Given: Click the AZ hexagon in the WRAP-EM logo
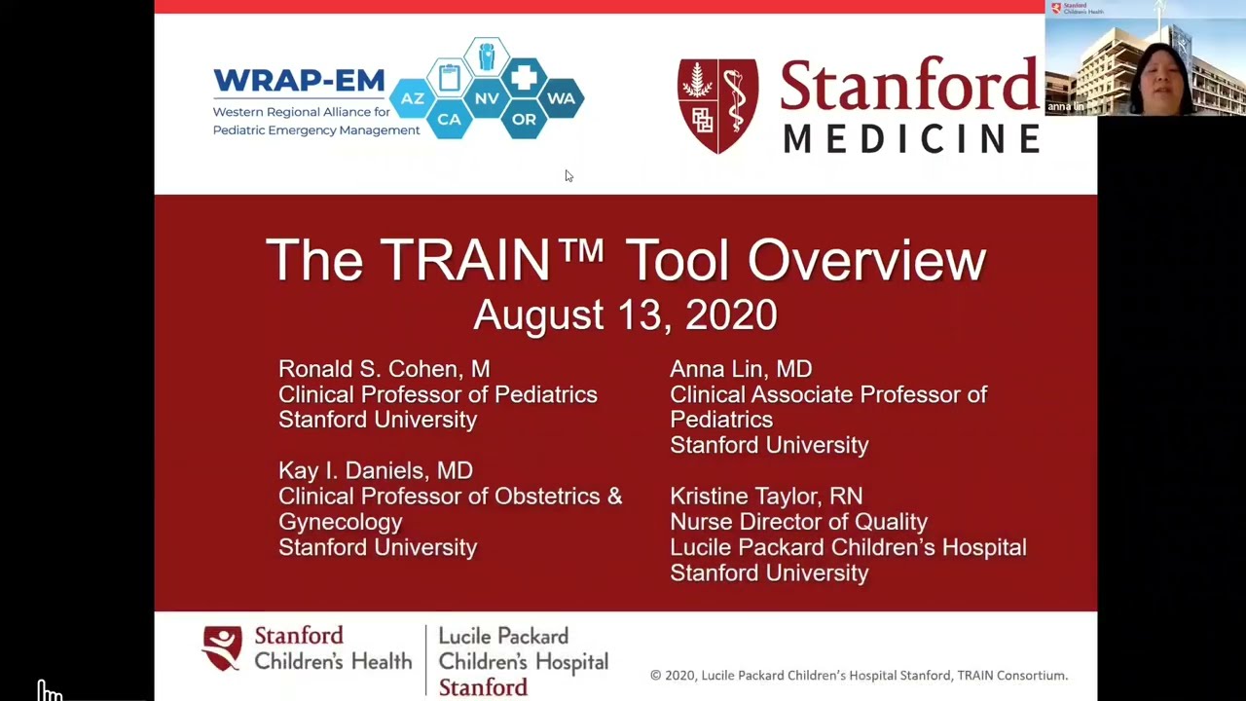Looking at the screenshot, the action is click(x=412, y=98).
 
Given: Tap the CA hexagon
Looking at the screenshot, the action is click(x=449, y=119).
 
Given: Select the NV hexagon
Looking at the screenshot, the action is click(x=487, y=98).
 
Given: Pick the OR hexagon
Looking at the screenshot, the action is click(x=524, y=119).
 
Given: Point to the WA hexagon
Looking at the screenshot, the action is click(x=562, y=98).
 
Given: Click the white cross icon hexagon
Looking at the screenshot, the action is click(x=524, y=77).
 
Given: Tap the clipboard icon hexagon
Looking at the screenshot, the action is click(x=450, y=77).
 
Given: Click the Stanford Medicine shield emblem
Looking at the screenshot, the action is click(x=717, y=106).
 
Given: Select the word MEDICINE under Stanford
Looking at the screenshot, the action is click(x=912, y=138).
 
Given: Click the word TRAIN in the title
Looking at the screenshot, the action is click(x=465, y=260).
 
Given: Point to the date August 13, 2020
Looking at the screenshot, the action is click(x=625, y=314).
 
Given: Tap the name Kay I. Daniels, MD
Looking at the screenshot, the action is click(x=376, y=470).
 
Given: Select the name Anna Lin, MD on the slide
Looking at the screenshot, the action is click(x=741, y=369).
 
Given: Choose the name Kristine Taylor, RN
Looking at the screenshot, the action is click(x=766, y=497).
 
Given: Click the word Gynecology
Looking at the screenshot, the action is click(x=341, y=523).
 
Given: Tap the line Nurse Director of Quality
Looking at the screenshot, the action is click(x=799, y=522).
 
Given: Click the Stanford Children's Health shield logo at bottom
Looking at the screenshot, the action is click(x=223, y=648).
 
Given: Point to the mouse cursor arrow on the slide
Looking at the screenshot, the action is click(x=569, y=176).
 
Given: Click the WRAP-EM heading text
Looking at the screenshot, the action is click(x=299, y=81).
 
